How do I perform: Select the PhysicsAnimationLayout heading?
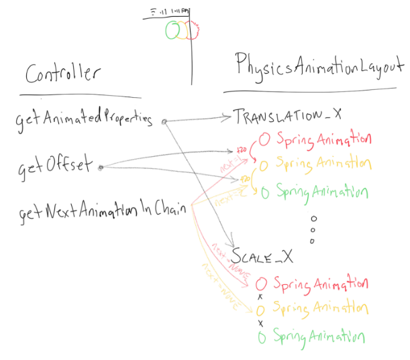319,66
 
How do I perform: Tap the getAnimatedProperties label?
83,120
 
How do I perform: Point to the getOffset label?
54,166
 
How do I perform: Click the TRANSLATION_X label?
287,116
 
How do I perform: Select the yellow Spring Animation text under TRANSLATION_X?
323,163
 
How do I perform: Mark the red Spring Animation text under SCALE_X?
321,284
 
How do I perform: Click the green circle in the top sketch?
172,29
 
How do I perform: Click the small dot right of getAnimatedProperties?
164,121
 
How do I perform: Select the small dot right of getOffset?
100,167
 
